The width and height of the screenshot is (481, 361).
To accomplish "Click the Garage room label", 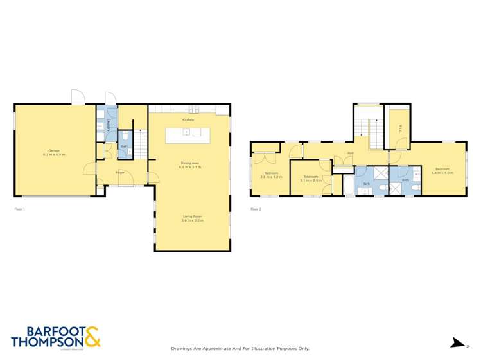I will coord(54,150).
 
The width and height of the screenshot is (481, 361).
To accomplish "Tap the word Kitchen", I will coord(188,120).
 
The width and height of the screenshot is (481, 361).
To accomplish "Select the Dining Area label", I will coord(189,163).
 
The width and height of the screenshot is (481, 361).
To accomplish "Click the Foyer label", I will coord(120,172).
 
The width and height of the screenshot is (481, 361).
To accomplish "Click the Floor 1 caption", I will coord(21,209).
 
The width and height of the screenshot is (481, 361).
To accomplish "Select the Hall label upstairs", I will coord(351,153).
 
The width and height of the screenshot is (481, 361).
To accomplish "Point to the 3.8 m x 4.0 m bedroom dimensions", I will coord(270,176).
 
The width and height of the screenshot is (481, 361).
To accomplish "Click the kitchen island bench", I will coord(188,136).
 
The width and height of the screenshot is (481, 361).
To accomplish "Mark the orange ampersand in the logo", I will coord(92,337).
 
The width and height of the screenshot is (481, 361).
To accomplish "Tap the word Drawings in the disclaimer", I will coord(183,348).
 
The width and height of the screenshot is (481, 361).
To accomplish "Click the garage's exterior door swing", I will coord(77,98).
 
